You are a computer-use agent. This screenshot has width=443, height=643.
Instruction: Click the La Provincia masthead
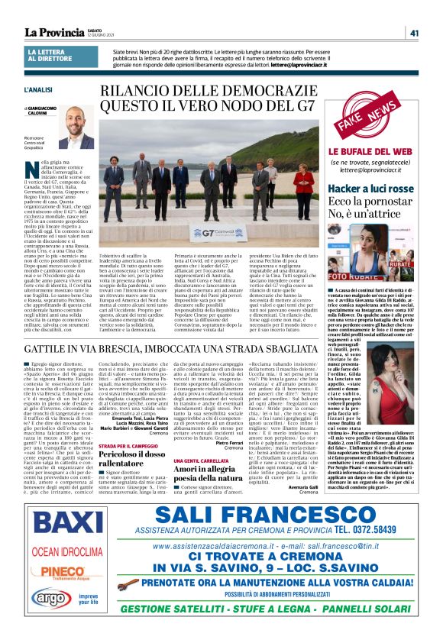(x=54, y=32)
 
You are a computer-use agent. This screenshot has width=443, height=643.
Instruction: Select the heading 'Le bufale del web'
(x=370, y=153)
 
